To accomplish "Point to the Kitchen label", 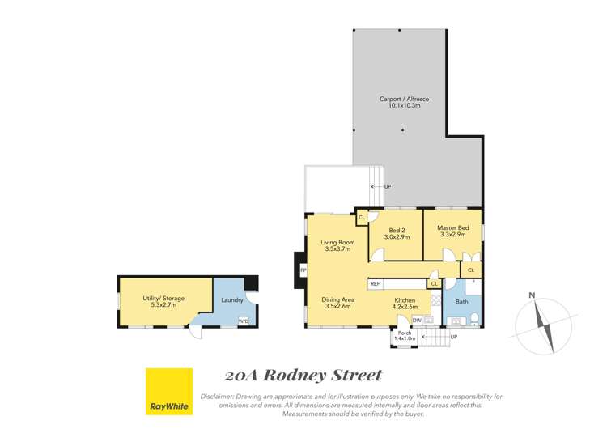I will point(405,299).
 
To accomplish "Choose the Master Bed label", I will point(452,227).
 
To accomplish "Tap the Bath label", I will point(461,302).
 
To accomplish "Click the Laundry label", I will point(232,299).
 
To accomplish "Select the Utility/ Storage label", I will point(163,299).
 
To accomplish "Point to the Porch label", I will point(404,333).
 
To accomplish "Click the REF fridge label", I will point(376,284).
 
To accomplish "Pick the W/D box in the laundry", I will point(243,321).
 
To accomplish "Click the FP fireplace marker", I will point(303,269).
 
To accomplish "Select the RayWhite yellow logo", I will point(168,392).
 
